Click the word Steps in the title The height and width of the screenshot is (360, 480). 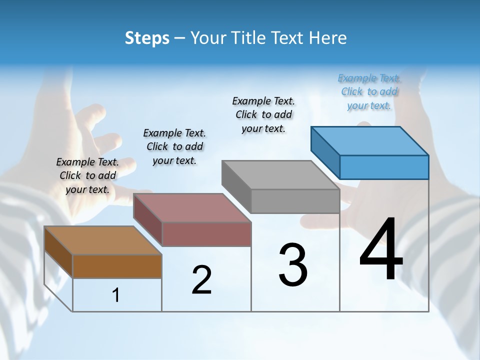coord(147,38)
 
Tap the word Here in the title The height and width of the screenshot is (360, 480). coord(328,38)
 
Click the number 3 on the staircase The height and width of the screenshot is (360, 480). coord(292,265)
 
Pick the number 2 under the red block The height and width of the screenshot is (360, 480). coord(201,280)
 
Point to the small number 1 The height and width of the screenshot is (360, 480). coord(116,295)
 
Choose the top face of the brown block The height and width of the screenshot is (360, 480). coord(103,240)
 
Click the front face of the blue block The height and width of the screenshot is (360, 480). coord(384,167)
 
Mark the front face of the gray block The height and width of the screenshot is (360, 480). coord(295,201)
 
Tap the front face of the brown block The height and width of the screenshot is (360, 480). coord(117,266)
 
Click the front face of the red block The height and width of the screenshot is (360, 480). coord(206,234)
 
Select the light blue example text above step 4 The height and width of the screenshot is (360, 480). coord(369,91)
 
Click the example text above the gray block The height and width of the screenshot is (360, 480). coord(263,114)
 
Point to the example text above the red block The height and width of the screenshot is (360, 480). coord(174,146)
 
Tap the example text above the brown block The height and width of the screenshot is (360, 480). coord(87,175)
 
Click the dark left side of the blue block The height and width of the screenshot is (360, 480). coord(325,152)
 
